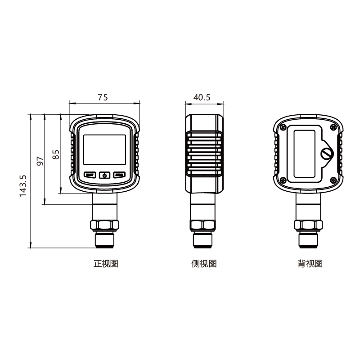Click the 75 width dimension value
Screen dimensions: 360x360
103,97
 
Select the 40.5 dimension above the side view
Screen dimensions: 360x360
202,97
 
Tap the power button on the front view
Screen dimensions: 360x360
104,175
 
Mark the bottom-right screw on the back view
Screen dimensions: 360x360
334,180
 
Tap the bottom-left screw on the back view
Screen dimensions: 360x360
283,180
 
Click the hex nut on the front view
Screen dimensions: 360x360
104,225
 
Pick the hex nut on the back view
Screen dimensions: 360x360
308,225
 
